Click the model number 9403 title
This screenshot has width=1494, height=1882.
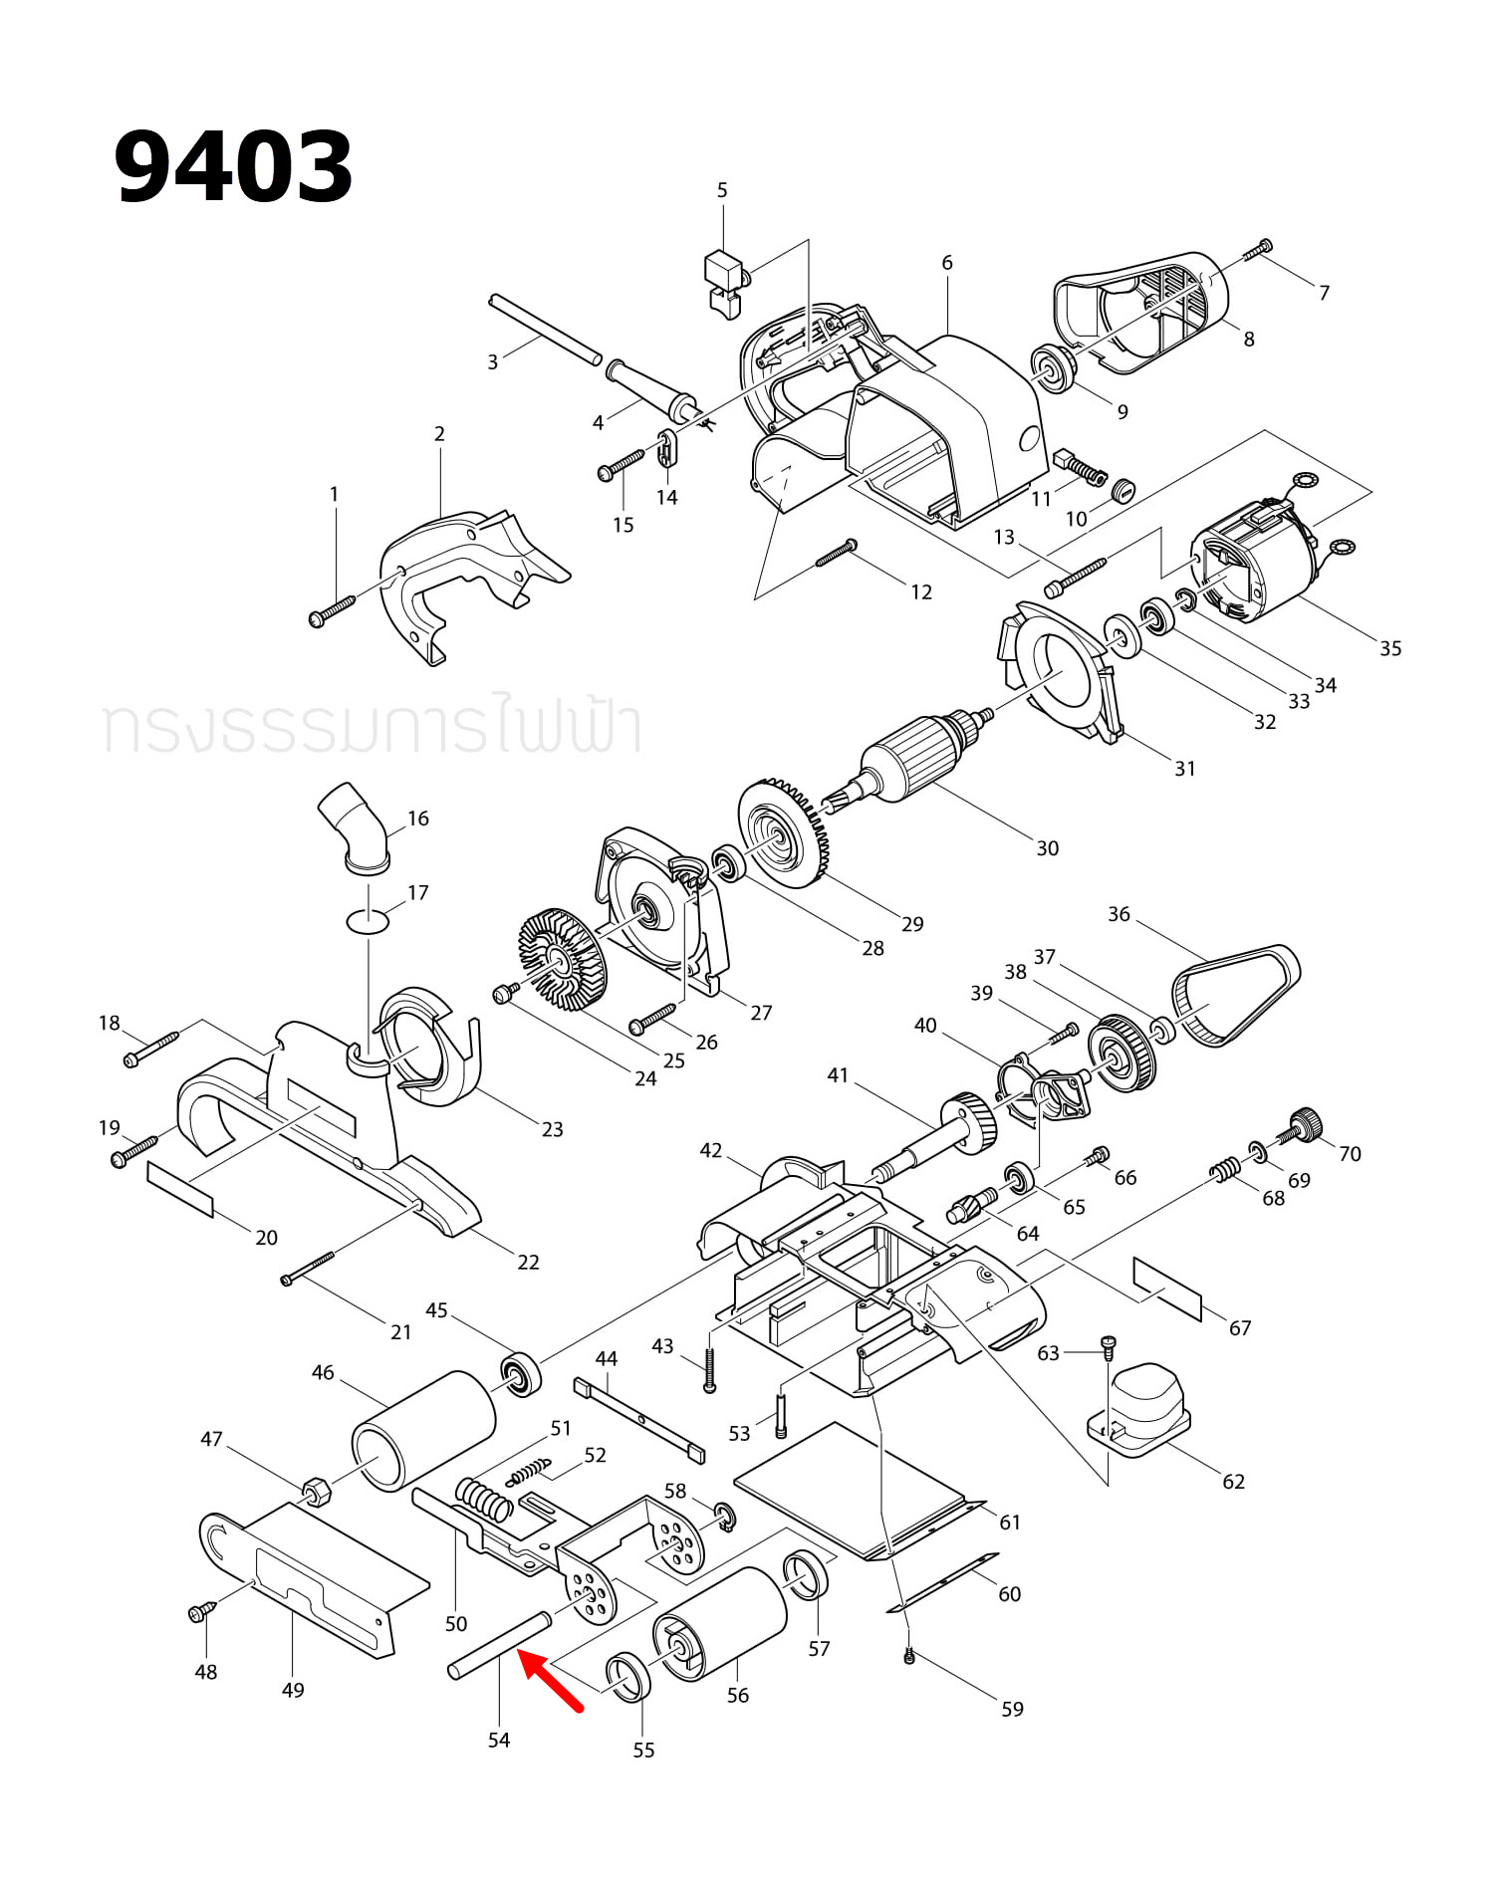[233, 167]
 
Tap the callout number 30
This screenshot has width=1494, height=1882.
[1047, 848]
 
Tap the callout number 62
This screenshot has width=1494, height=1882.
[1233, 1482]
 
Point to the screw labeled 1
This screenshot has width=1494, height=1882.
[332, 609]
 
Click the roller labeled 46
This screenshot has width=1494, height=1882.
[424, 1431]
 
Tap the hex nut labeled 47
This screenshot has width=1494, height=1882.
[317, 1490]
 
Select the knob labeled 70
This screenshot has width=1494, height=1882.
[1307, 1125]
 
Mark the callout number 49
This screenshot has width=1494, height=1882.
[293, 1690]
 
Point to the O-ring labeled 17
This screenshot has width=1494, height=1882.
[369, 921]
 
